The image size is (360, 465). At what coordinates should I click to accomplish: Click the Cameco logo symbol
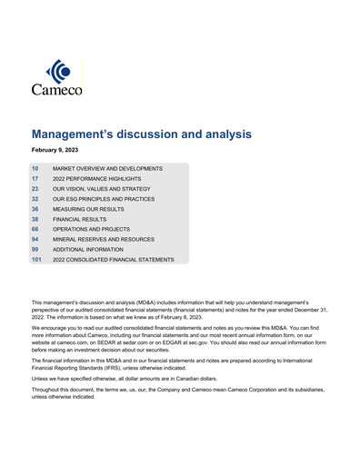(x=56, y=72)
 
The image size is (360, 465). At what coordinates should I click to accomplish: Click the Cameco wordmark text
(x=56, y=90)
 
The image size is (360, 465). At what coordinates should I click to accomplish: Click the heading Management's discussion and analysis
(x=141, y=134)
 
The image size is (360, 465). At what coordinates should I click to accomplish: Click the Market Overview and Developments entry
(x=107, y=169)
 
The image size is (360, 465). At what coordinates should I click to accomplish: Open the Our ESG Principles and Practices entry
(x=104, y=199)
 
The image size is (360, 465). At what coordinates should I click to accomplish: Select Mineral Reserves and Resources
(x=104, y=239)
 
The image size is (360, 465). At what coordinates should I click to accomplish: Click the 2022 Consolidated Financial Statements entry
(x=113, y=260)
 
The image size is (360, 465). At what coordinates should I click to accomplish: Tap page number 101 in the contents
(x=36, y=260)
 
